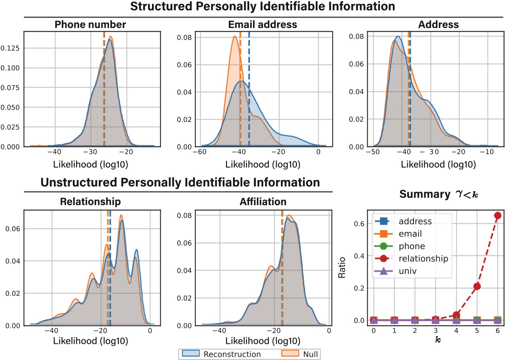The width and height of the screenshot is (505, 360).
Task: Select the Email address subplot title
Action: point(263,25)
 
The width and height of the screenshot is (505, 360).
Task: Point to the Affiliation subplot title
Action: point(263,202)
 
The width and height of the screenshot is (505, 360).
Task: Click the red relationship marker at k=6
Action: point(497,215)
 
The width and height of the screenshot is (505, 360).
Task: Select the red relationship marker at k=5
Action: point(477,286)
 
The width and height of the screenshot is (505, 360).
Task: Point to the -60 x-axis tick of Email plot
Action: point(201,153)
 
